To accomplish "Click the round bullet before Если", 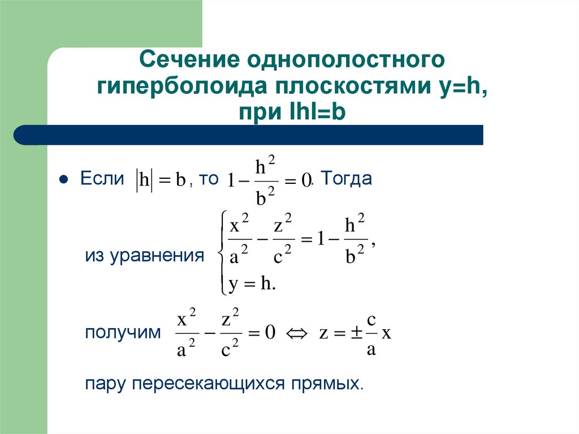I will click(64, 180).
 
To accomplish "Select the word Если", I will click(102, 179).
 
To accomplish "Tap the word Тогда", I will click(348, 179).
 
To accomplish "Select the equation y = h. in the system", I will click(252, 284).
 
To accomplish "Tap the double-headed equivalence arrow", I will click(297, 333).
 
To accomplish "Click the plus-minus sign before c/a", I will click(354, 333).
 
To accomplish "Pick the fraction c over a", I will click(371, 334).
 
